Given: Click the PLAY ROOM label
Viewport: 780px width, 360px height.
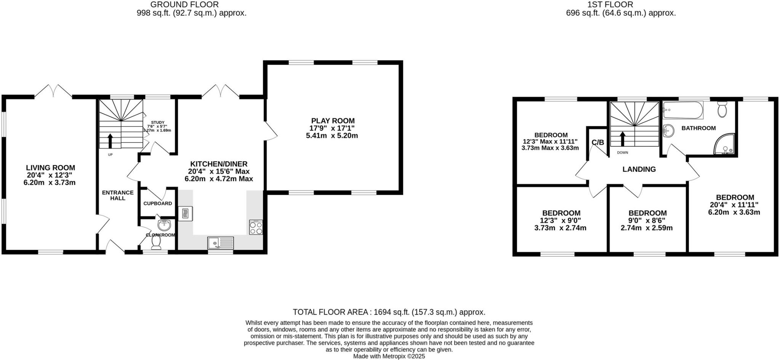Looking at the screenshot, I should (x=333, y=121).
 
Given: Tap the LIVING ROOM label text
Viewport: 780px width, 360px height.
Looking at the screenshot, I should (x=50, y=168).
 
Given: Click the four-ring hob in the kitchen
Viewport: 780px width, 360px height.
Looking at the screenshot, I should (x=256, y=228).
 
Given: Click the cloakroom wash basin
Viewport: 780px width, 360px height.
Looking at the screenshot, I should (x=164, y=225).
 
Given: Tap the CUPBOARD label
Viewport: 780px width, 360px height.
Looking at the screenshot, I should (x=158, y=203).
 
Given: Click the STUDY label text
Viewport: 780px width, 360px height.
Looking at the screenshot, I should (x=157, y=122).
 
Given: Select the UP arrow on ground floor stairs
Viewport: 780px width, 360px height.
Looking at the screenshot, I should (x=110, y=141).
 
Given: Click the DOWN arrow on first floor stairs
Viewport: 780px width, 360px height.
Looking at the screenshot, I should (x=622, y=139).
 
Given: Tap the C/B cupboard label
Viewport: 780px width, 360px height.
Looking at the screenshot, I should (x=598, y=142).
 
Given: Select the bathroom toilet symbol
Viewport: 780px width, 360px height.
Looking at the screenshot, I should (x=722, y=109).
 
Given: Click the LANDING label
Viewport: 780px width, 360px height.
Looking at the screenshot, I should (x=639, y=169).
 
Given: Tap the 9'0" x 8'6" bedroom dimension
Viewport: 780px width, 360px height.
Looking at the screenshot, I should (x=647, y=221).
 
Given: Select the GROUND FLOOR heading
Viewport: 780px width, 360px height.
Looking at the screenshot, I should (x=185, y=5).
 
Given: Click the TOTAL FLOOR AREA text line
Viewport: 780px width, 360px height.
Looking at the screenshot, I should (x=389, y=312).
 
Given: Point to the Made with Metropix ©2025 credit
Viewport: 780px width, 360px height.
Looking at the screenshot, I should (x=389, y=357).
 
